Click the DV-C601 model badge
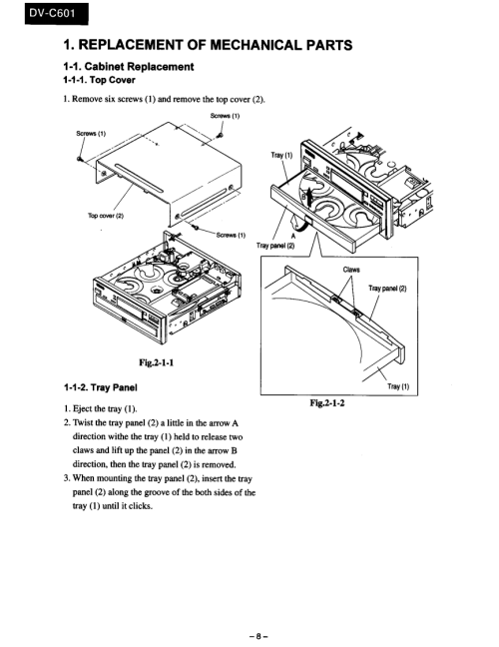[x=57, y=14]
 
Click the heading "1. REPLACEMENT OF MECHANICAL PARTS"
[x=208, y=45]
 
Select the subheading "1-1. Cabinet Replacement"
[x=129, y=67]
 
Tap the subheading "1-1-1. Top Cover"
[x=99, y=80]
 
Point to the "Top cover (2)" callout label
[x=106, y=216]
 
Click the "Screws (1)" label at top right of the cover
[x=225, y=116]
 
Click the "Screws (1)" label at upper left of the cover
[x=91, y=133]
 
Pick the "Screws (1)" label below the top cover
[x=231, y=236]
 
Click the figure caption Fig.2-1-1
[x=157, y=362]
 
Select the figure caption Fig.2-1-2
[x=327, y=402]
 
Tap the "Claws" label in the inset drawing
[x=351, y=270]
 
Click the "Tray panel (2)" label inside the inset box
[x=387, y=288]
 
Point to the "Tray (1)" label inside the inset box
[x=398, y=386]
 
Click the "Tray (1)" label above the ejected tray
[x=281, y=155]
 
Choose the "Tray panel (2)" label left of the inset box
[x=275, y=246]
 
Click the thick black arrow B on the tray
[x=304, y=198]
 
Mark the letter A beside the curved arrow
[x=293, y=236]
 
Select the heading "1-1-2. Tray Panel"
[x=100, y=387]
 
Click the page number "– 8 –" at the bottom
[x=258, y=636]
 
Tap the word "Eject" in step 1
[x=83, y=409]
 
